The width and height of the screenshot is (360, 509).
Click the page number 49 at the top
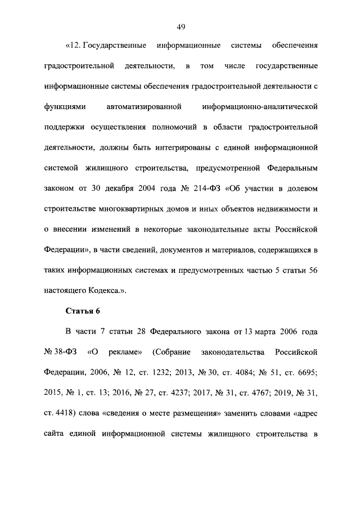(x=181, y=26)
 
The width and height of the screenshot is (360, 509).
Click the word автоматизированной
(x=142, y=106)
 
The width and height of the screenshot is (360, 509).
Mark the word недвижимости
(x=284, y=209)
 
